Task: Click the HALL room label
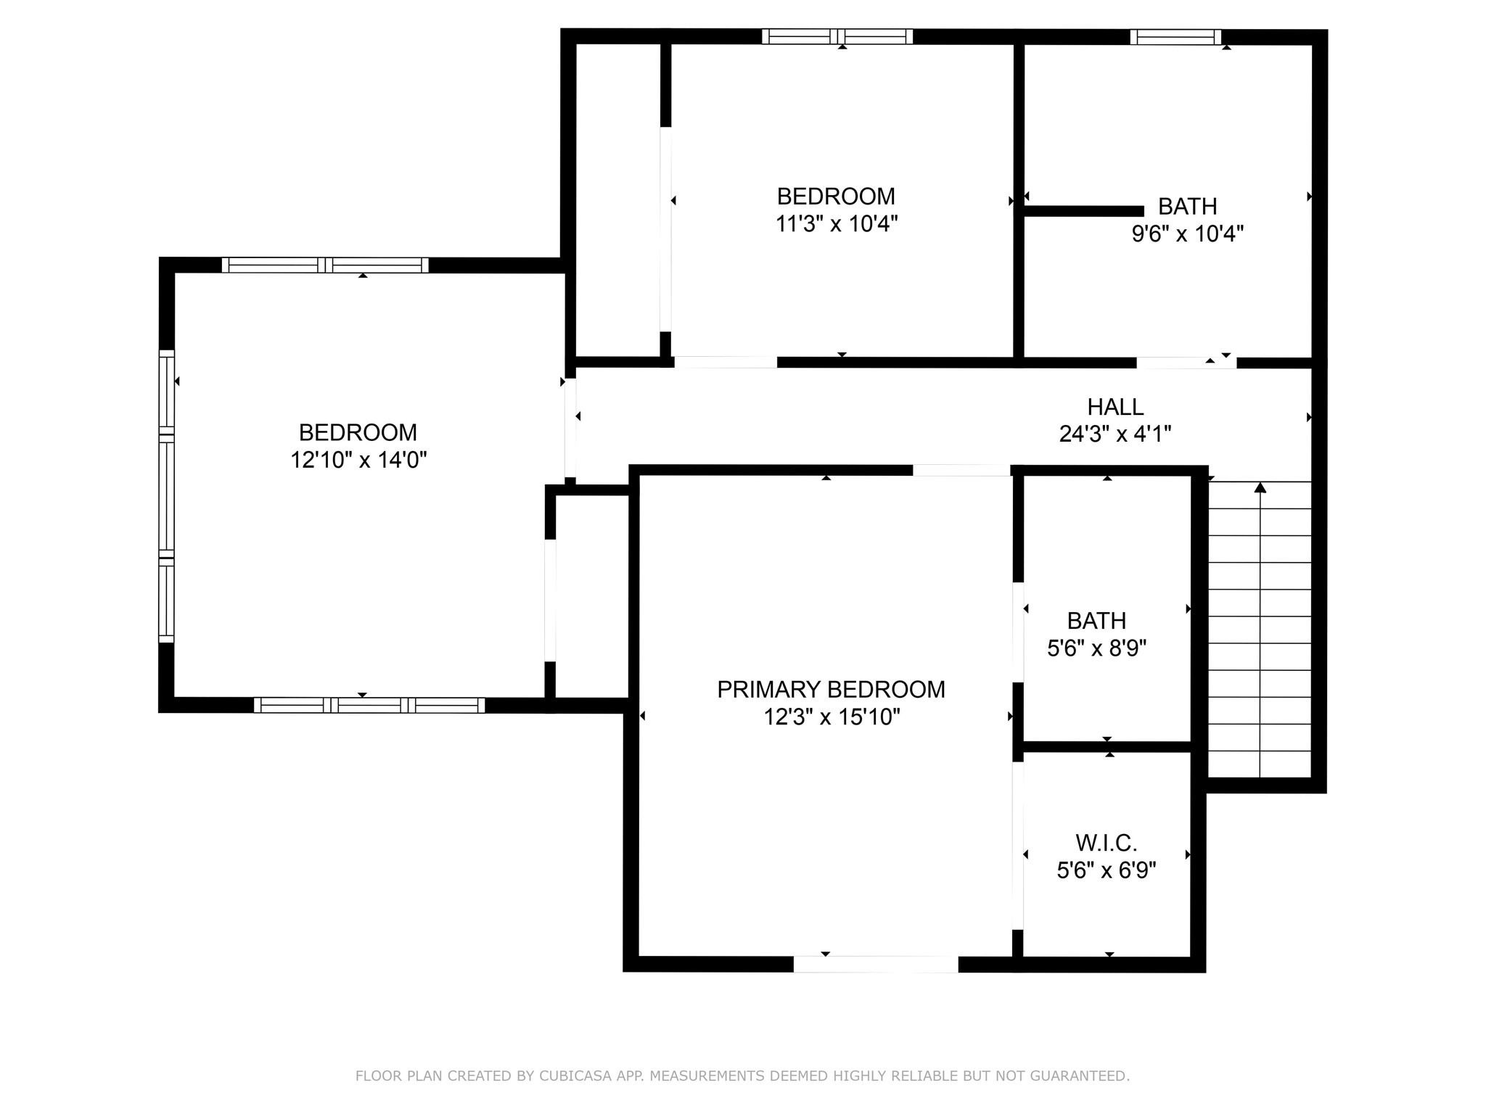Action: [x=1115, y=407]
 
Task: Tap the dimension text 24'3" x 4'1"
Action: [x=1115, y=434]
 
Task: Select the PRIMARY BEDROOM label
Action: [x=831, y=690]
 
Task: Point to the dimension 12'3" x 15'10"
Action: [x=832, y=717]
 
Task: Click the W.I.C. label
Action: [x=1106, y=843]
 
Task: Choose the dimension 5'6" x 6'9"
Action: [x=1106, y=870]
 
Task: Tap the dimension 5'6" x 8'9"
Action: [x=1096, y=648]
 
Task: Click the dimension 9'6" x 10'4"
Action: [x=1188, y=234]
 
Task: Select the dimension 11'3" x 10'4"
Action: [x=837, y=224]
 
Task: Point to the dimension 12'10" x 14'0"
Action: [x=358, y=460]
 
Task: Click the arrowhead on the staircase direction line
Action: [x=1260, y=488]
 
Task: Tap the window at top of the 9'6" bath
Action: [x=1175, y=37]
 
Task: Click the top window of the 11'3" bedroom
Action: [x=837, y=36]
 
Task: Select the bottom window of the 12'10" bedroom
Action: [x=369, y=705]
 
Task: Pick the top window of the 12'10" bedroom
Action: [x=325, y=265]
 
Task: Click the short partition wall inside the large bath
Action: [x=1083, y=211]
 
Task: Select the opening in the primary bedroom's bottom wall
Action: [x=875, y=965]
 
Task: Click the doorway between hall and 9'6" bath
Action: [x=1186, y=363]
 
